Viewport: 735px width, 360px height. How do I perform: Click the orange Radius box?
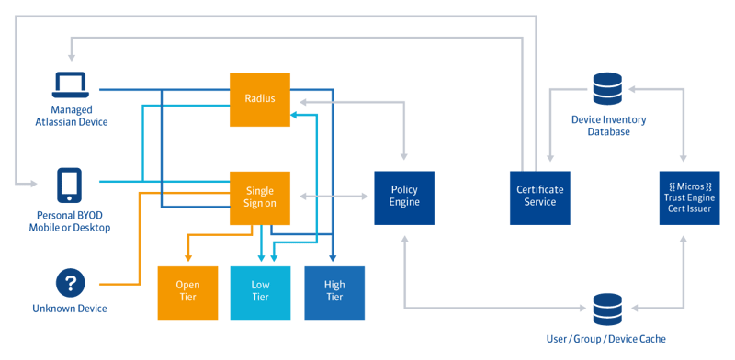click(x=260, y=100)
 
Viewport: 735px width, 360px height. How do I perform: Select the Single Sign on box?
click(x=260, y=197)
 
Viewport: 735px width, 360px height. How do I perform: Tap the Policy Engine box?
click(x=404, y=197)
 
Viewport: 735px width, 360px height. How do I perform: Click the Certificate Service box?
click(x=540, y=197)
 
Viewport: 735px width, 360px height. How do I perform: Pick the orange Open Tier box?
click(x=187, y=293)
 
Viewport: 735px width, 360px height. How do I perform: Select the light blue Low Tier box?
click(x=260, y=293)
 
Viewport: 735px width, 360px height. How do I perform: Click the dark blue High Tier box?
click(x=334, y=293)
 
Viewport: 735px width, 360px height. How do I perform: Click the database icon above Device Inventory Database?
click(x=607, y=90)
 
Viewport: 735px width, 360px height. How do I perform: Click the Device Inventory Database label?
click(x=607, y=126)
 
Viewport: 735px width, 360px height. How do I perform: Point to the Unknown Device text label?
click(x=70, y=309)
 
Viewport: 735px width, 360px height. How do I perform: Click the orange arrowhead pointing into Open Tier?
click(x=187, y=258)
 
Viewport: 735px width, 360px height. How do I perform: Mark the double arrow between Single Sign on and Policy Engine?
click(x=332, y=197)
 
